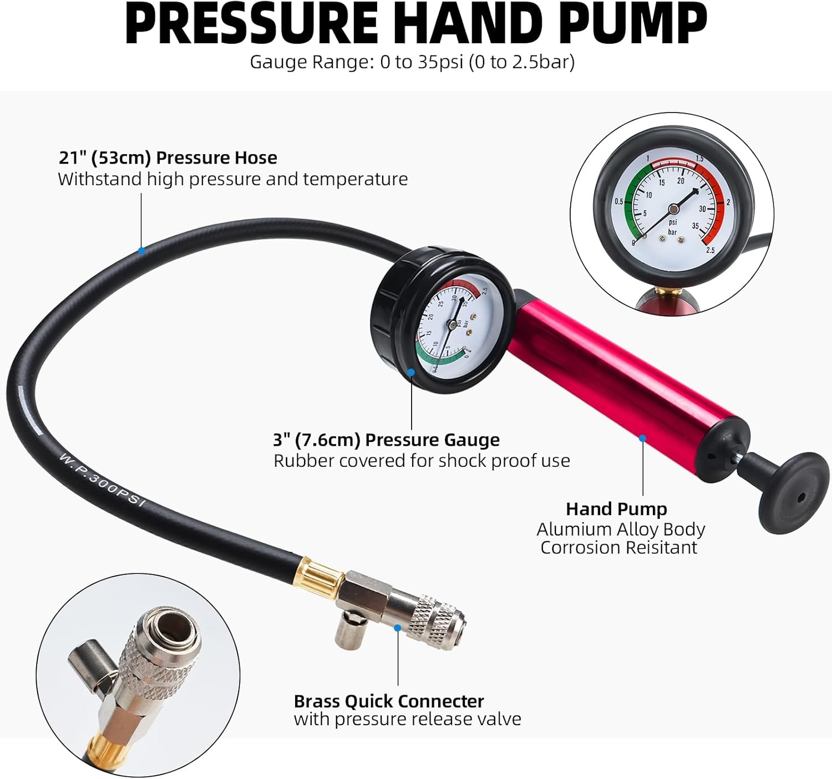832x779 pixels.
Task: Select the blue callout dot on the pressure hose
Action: pyautogui.click(x=141, y=251)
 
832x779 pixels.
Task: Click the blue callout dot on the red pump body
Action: pyautogui.click(x=642, y=438)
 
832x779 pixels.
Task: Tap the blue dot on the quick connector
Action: pyautogui.click(x=398, y=628)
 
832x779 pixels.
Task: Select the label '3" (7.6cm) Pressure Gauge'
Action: pyautogui.click(x=386, y=440)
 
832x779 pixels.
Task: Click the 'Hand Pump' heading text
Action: pyautogui.click(x=616, y=510)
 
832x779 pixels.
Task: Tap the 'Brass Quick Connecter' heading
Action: pyautogui.click(x=389, y=701)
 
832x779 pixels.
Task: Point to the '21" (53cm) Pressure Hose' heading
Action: pyautogui.click(x=168, y=158)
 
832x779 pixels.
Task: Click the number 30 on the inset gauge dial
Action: pyautogui.click(x=703, y=208)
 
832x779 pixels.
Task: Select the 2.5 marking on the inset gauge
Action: pyautogui.click(x=711, y=250)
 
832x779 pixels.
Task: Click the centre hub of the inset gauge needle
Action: pyautogui.click(x=673, y=208)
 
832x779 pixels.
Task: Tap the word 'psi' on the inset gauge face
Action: pyautogui.click(x=673, y=222)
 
